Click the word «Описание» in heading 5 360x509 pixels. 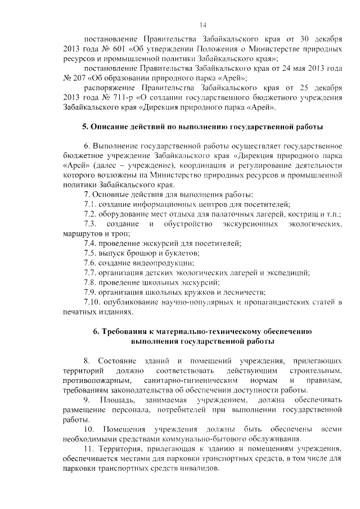pos(109,127)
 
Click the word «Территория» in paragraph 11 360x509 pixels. pos(121,449)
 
